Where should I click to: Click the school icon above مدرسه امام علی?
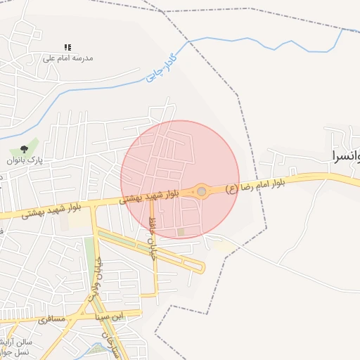tap(67, 47)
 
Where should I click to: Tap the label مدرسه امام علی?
tap(68, 58)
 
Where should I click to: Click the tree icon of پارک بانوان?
tap(25, 149)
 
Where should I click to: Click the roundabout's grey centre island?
tap(202, 191)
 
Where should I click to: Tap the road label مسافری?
tap(52, 319)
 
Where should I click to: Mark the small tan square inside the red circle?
tap(181, 231)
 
